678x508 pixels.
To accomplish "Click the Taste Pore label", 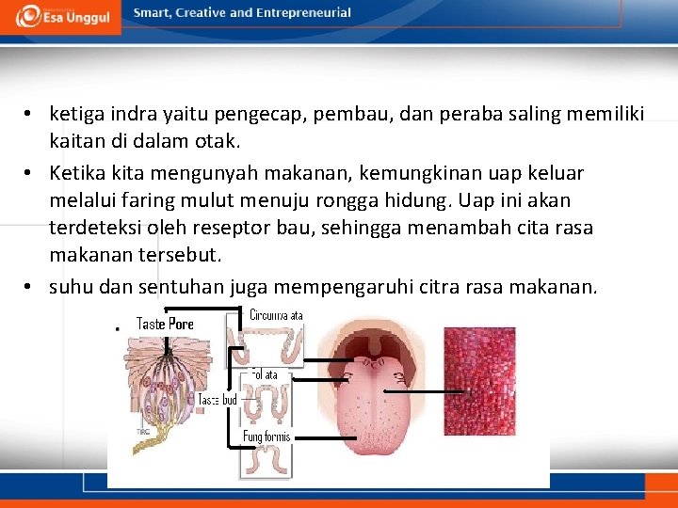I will point(165,325).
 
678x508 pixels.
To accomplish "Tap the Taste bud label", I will point(217,400).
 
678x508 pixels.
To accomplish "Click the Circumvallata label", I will point(276,316).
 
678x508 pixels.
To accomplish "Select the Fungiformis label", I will point(266,437).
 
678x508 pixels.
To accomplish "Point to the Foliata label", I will point(265,374).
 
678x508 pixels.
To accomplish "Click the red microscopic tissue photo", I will point(479,381).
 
